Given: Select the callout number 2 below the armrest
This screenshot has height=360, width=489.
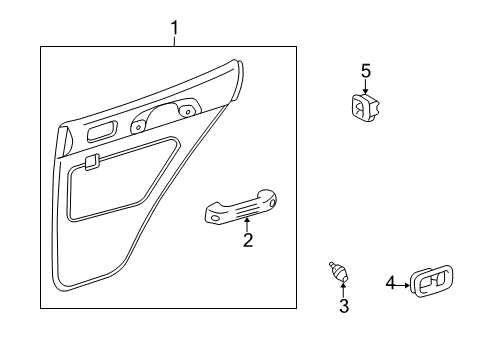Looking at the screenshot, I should click(x=247, y=239).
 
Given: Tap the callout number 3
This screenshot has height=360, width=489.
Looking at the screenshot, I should click(x=343, y=306).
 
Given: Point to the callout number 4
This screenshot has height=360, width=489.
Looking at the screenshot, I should click(x=390, y=284).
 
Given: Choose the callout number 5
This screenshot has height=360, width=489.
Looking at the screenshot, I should click(x=365, y=70).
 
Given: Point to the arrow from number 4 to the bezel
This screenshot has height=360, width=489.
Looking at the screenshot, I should click(x=402, y=284).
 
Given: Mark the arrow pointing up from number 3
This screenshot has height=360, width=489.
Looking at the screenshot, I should click(x=343, y=289).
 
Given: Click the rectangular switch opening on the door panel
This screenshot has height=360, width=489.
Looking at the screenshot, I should click(x=101, y=132).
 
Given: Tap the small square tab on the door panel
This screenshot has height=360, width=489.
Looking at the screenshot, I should click(x=91, y=160).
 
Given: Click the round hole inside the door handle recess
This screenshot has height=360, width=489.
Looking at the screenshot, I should click(x=185, y=112).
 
